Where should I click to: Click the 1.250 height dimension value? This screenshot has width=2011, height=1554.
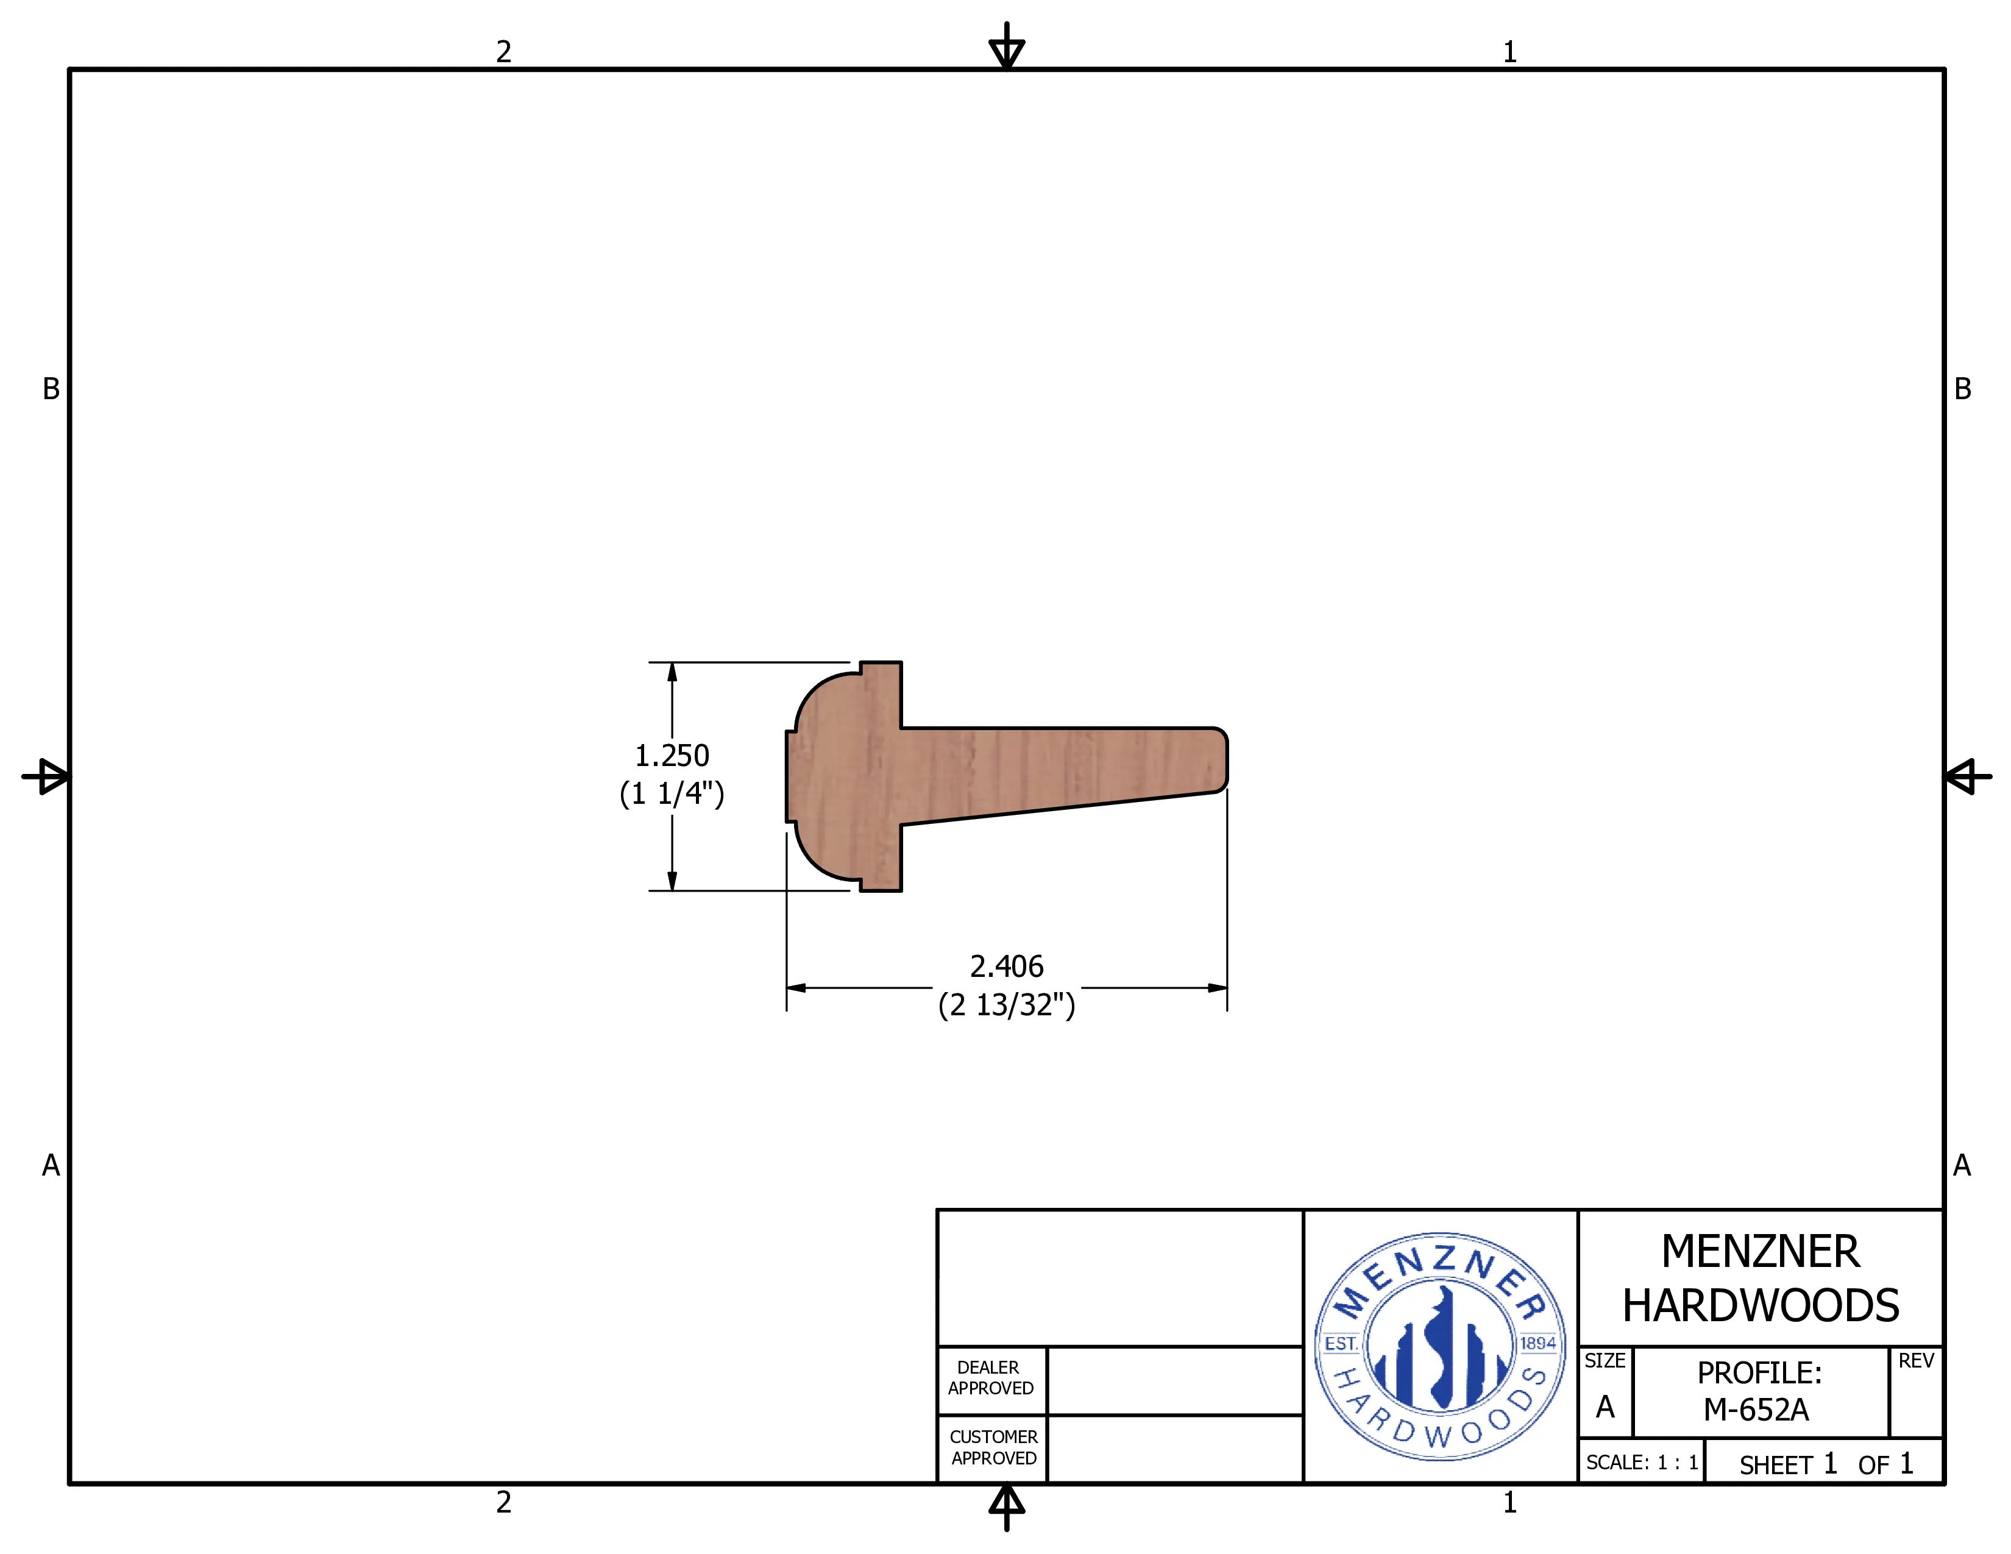coord(672,756)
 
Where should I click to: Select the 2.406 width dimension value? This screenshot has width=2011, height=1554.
coord(1007,967)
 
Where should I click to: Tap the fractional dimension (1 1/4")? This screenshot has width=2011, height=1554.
coord(672,793)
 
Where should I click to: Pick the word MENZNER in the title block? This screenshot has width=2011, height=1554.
coord(1760,1252)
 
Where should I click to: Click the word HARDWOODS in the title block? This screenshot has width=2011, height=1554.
coord(1761,1305)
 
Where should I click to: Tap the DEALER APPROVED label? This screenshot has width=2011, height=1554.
coord(991,1378)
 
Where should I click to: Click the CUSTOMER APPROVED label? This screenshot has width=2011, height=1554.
coord(993,1447)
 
